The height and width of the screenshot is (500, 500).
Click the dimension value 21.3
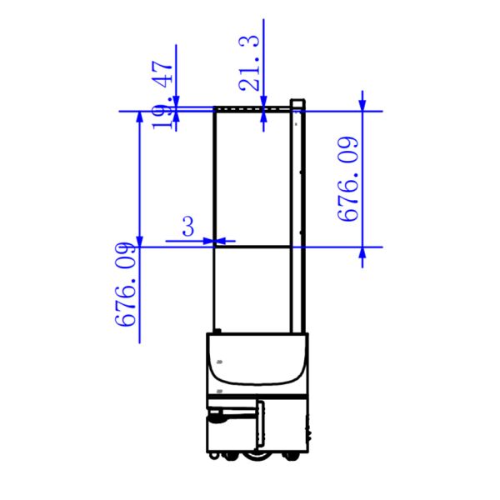(x=249, y=62)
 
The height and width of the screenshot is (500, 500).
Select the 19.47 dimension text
(x=163, y=94)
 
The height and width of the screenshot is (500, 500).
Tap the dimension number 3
(x=188, y=226)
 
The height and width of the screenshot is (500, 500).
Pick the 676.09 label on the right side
(x=347, y=179)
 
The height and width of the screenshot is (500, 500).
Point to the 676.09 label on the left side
(x=125, y=284)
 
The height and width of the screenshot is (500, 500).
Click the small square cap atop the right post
(x=297, y=103)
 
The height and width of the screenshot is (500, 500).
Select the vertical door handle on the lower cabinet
(x=261, y=423)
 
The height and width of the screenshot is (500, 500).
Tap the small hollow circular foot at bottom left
(x=212, y=456)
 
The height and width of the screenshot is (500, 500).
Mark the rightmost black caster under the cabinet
(x=291, y=457)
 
